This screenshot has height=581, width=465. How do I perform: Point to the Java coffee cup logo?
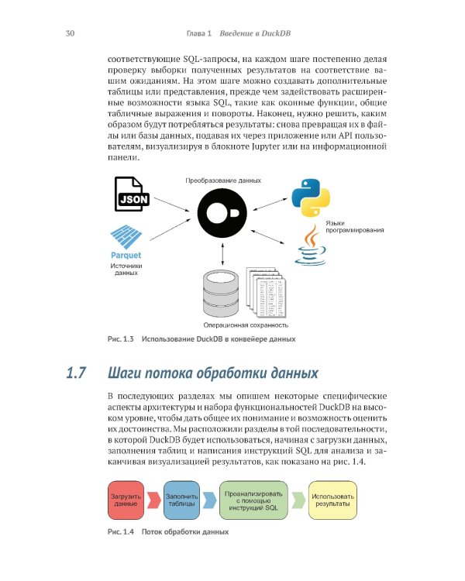(x=309, y=246)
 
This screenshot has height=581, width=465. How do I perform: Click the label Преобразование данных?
(x=222, y=180)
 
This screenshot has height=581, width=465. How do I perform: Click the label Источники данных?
(x=124, y=269)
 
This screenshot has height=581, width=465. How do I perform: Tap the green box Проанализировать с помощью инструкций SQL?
(x=254, y=500)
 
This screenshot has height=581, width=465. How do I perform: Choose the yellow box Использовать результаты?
(x=332, y=500)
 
